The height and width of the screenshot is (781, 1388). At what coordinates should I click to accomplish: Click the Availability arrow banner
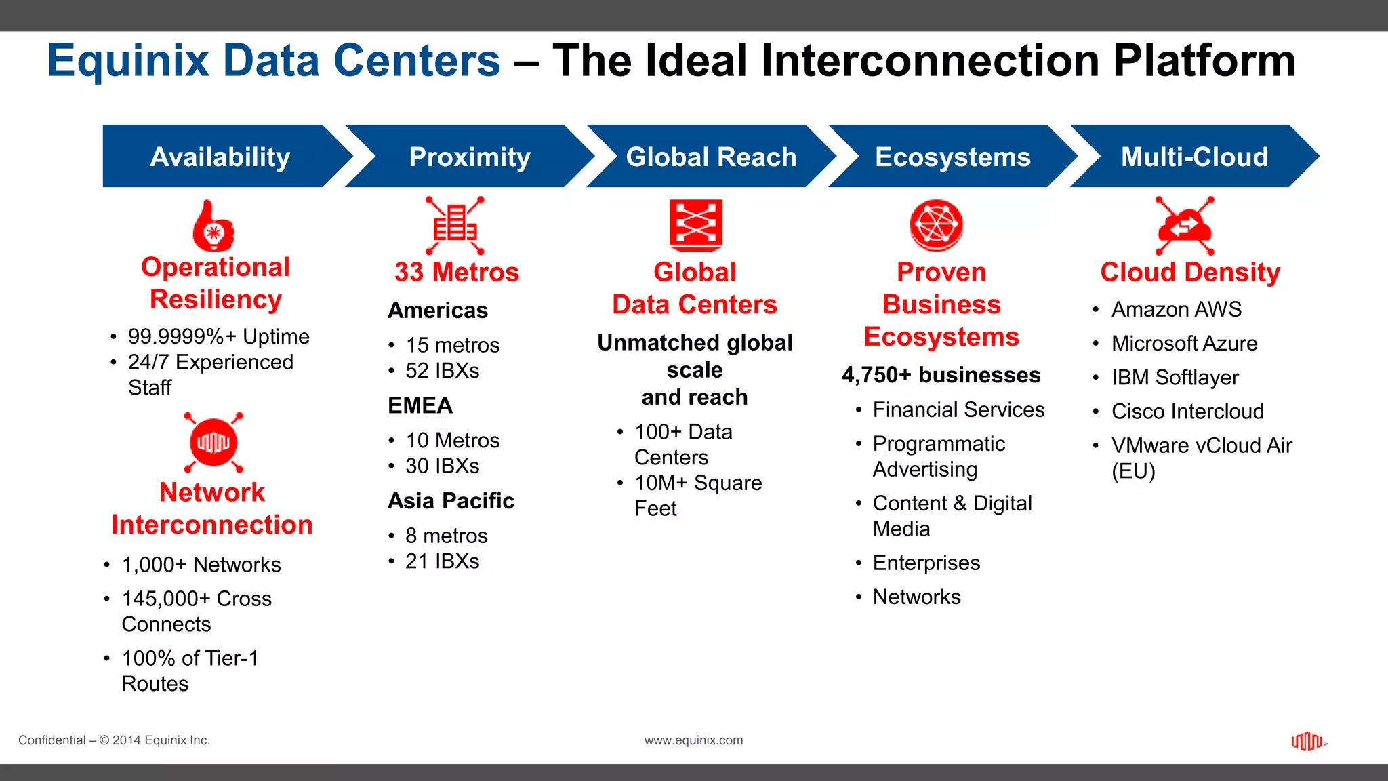(x=220, y=157)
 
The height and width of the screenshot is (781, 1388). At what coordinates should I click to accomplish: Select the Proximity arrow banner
(x=469, y=157)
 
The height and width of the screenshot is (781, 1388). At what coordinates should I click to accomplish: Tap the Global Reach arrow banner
(x=711, y=157)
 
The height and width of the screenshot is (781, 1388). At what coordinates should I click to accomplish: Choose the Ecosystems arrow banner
(x=952, y=157)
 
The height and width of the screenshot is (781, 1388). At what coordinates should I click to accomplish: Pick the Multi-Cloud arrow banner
(x=1194, y=157)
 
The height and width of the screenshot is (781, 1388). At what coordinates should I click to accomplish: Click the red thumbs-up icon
(x=213, y=226)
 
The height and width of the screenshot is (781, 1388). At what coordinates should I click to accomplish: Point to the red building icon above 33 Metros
(x=455, y=225)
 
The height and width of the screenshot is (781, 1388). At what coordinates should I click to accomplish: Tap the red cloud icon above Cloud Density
(x=1184, y=226)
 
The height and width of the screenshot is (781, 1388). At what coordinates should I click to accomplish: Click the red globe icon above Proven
(x=936, y=225)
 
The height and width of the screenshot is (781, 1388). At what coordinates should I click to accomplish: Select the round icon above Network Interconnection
(x=213, y=443)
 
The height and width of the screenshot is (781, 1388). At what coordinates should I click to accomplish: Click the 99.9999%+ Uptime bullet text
(x=218, y=336)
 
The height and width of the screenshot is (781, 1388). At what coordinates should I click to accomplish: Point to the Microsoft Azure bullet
(x=1184, y=343)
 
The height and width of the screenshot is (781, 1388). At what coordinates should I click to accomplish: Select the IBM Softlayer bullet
(x=1175, y=377)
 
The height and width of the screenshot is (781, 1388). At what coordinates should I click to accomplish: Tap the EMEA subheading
(x=420, y=405)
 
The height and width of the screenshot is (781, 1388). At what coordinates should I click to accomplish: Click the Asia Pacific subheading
(x=451, y=501)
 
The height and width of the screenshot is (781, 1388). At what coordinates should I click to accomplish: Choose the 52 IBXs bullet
(x=442, y=371)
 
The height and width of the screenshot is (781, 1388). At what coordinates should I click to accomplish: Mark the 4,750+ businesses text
(x=941, y=375)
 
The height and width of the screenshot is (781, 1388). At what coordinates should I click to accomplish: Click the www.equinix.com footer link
(x=693, y=740)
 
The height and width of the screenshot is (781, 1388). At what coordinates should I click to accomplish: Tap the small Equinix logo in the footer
(x=1307, y=741)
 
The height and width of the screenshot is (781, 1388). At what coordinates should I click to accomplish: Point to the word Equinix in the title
(x=128, y=61)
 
